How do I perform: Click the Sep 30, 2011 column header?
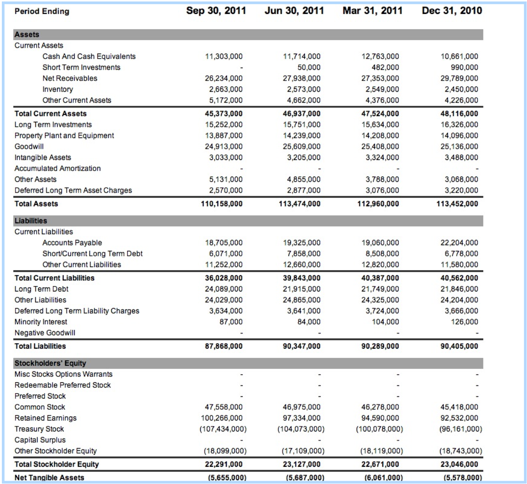[x=216, y=11]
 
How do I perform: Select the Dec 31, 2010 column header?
[x=452, y=11]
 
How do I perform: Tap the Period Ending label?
[x=42, y=11]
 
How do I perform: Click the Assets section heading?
[x=27, y=34]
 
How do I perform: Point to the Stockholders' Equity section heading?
[x=50, y=363]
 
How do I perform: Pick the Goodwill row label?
[x=29, y=146]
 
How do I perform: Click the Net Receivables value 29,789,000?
[x=459, y=78]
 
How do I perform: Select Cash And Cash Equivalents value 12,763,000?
[x=380, y=56]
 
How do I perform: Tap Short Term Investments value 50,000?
[x=309, y=67]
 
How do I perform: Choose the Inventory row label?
[x=57, y=89]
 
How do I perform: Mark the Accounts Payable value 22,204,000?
[x=459, y=243]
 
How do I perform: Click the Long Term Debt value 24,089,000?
[x=224, y=289]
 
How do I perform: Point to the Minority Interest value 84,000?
[x=309, y=322]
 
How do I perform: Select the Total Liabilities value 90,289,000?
[x=380, y=346]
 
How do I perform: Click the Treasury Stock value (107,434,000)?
[x=223, y=429]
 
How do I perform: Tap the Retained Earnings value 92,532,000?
[x=459, y=418]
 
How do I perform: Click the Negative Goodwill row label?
[x=45, y=333]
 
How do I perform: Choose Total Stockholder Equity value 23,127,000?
[x=302, y=464]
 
